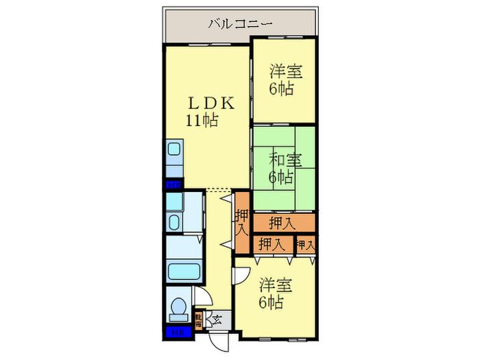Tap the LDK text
(x=212, y=104)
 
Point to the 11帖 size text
(x=201, y=121)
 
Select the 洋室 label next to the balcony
(x=285, y=71)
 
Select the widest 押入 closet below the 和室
(x=282, y=222)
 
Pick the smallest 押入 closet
(x=305, y=244)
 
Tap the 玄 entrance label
(x=217, y=318)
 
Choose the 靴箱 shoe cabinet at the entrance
(x=199, y=320)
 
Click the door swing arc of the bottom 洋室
(x=239, y=274)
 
